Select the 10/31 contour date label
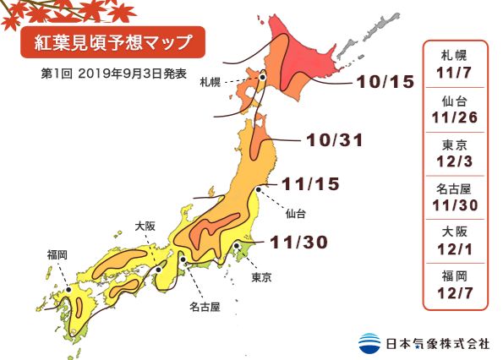[x=332, y=139]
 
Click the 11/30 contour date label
[x=298, y=243]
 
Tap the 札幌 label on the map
[x=211, y=82]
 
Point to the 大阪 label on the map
[x=145, y=226]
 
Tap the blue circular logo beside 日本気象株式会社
[x=369, y=343]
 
